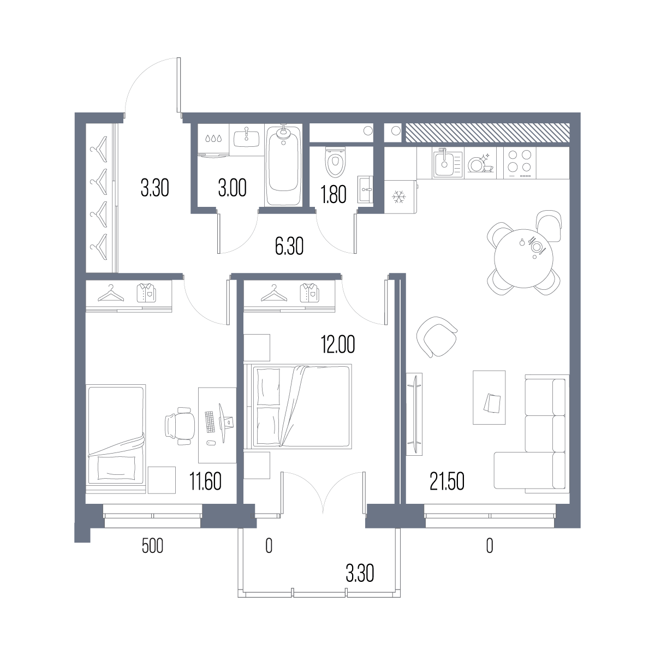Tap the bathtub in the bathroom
283,165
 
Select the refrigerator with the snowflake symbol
401,196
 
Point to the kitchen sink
448,164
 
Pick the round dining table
523,258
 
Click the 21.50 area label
446,481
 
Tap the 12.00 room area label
338,344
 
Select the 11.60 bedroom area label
206,481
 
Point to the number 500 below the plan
152,546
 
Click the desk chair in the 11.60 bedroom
180,426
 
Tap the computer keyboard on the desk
210,422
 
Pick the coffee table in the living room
489,397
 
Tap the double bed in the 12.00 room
298,406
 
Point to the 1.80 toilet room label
334,194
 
